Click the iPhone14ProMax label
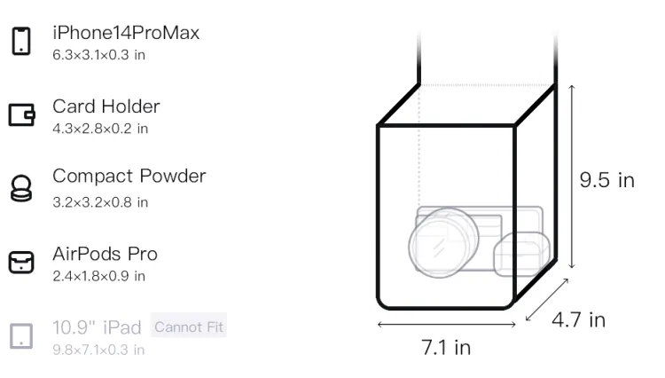click(126, 33)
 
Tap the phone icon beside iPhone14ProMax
click(21, 41)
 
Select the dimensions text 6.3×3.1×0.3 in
click(98, 55)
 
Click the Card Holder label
click(106, 106)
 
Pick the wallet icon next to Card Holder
click(21, 115)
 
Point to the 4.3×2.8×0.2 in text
click(100, 129)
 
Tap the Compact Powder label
click(129, 176)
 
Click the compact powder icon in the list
click(21, 188)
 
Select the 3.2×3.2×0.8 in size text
click(100, 202)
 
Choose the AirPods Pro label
click(105, 254)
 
